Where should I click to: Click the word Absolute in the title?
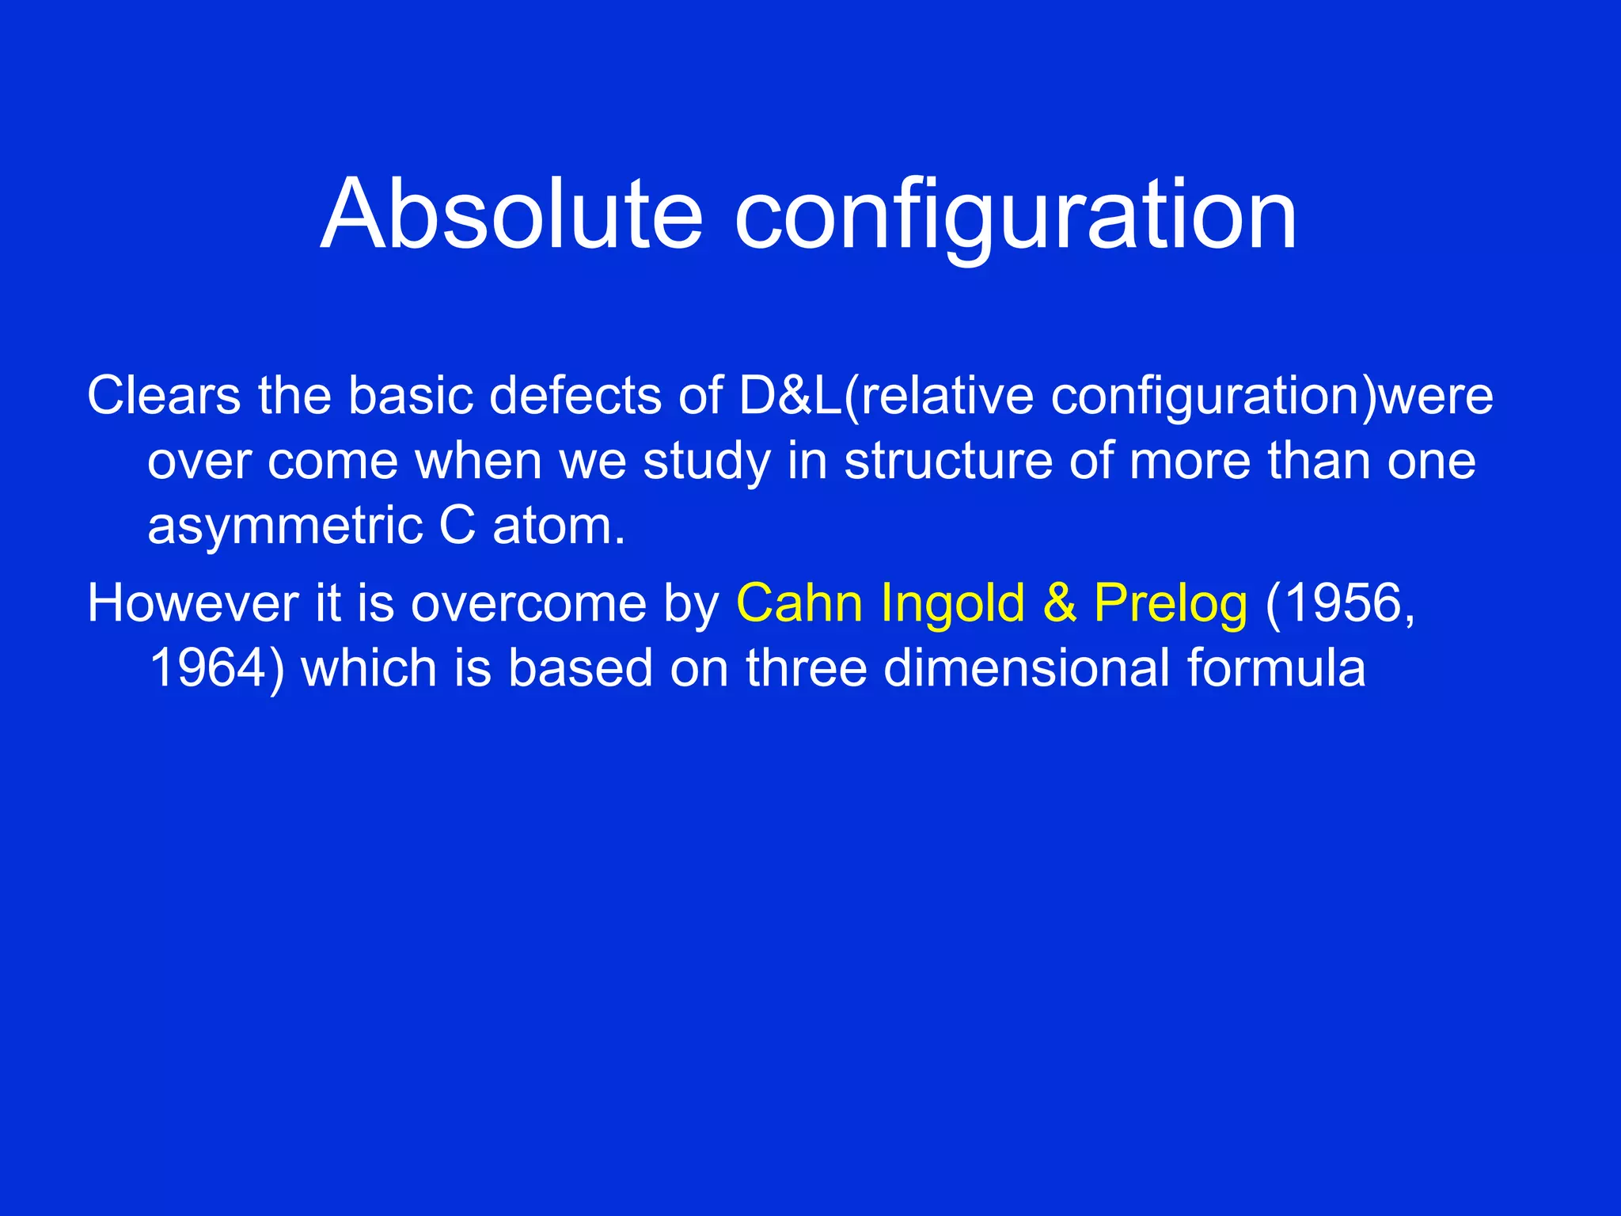click(x=511, y=215)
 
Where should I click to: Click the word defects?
click(x=575, y=395)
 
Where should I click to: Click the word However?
click(x=192, y=603)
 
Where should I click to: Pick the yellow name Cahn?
click(x=799, y=603)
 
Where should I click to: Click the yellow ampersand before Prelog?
click(x=1060, y=603)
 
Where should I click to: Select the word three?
click(x=806, y=668)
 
